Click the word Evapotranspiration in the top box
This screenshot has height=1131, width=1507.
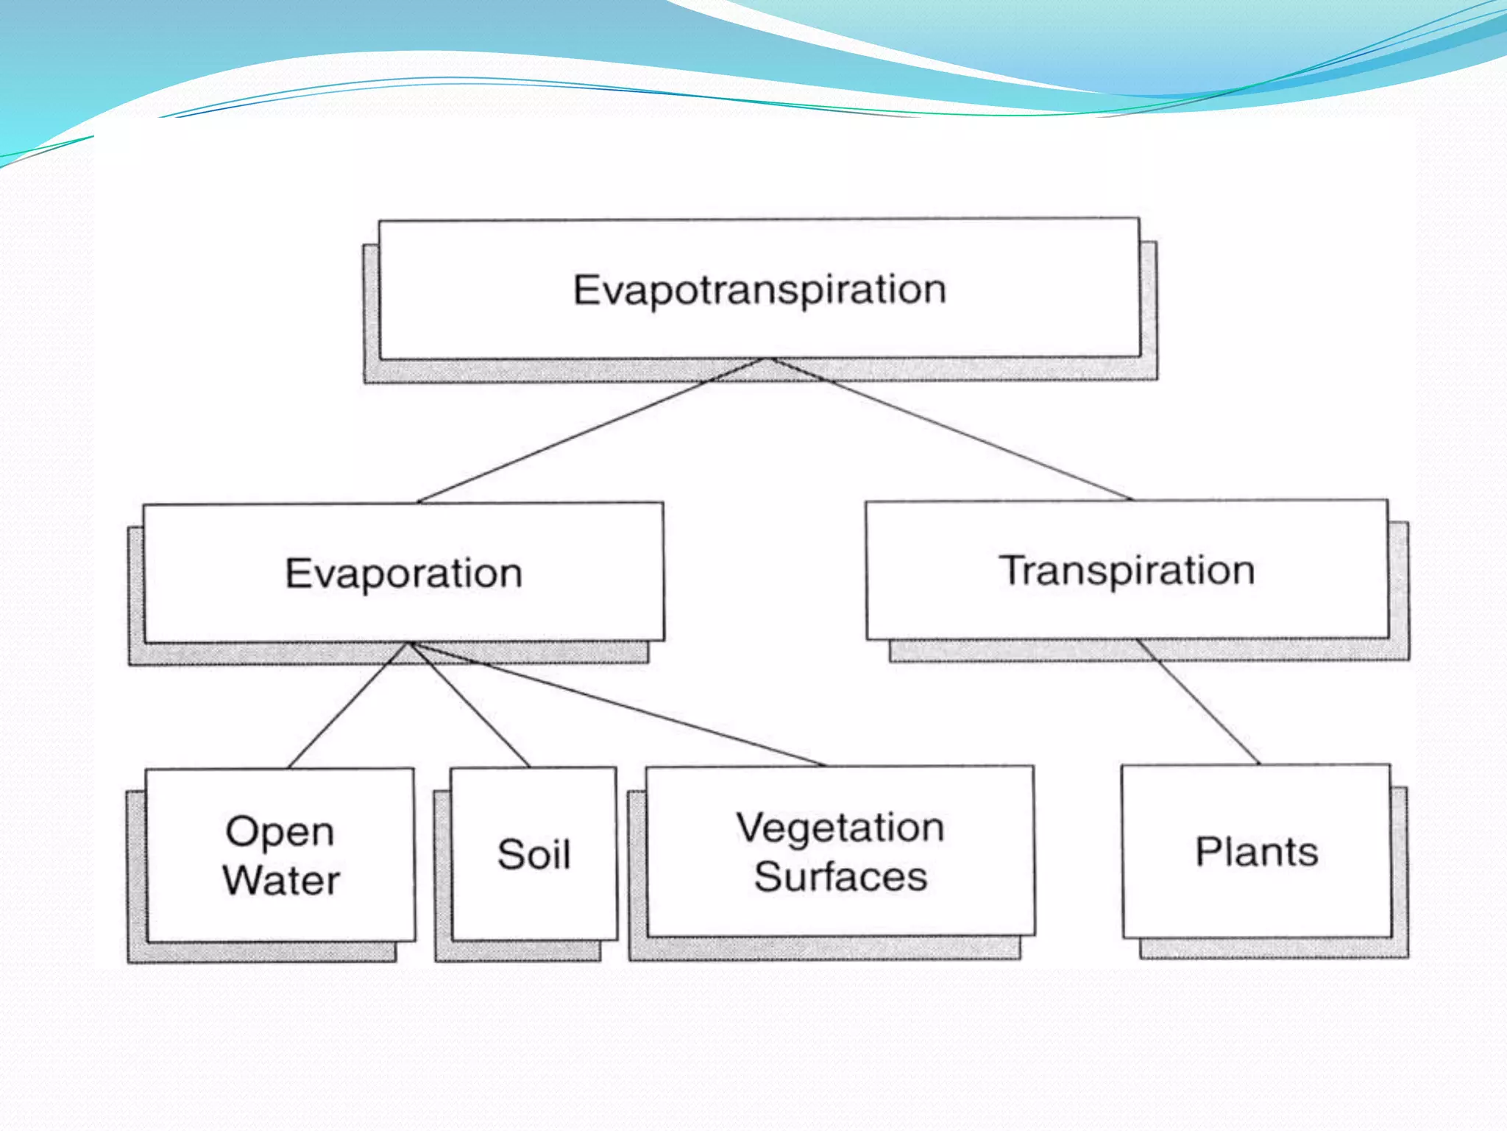tap(759, 290)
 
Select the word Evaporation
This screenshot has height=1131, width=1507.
tap(403, 574)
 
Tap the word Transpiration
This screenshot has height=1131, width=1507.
tap(1127, 571)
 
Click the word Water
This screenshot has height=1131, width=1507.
tap(281, 881)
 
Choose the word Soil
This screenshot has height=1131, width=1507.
tap(533, 854)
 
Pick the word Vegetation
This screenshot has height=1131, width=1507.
tap(840, 828)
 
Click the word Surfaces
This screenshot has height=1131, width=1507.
tap(840, 877)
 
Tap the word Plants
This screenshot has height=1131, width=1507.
tap(1256, 852)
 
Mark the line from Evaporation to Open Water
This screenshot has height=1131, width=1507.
tap(346, 708)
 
